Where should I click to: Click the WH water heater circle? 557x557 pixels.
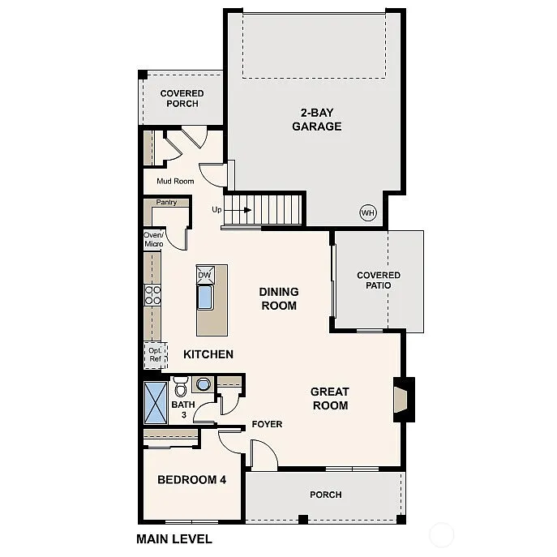tap(367, 212)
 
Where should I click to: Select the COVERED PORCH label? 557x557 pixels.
tap(182, 98)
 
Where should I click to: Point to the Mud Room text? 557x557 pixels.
tap(175, 181)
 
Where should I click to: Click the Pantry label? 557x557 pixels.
tap(166, 202)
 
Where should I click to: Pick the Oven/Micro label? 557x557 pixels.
tap(153, 239)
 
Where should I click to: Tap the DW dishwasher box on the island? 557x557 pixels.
tap(204, 276)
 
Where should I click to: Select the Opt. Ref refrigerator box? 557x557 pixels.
tap(154, 354)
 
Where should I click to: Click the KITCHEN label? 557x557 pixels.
tap(208, 354)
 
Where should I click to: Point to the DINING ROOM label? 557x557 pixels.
tap(278, 298)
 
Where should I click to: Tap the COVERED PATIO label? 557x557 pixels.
tap(379, 281)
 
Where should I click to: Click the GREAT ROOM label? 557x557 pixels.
tap(329, 399)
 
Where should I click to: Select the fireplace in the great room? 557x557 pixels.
tap(402, 400)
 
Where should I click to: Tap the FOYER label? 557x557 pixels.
tap(266, 424)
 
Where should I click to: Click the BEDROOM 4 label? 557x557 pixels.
tap(191, 480)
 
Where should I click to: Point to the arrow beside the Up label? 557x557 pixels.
tap(240, 209)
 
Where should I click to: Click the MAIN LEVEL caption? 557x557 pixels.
tap(174, 538)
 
